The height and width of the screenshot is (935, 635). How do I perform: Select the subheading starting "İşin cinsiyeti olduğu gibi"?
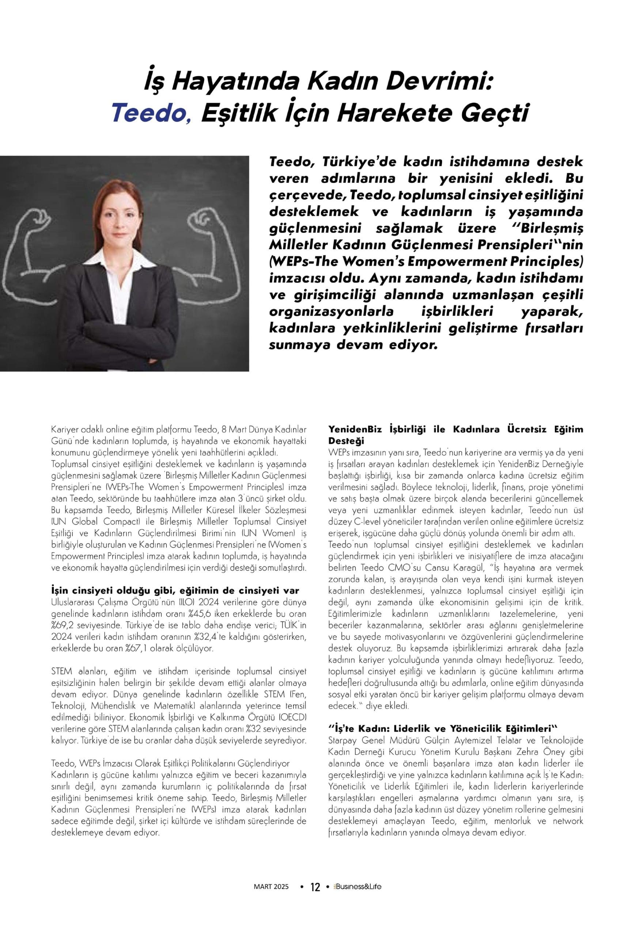tap(175, 591)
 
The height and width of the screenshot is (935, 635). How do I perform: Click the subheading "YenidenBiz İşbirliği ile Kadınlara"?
tap(456, 429)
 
